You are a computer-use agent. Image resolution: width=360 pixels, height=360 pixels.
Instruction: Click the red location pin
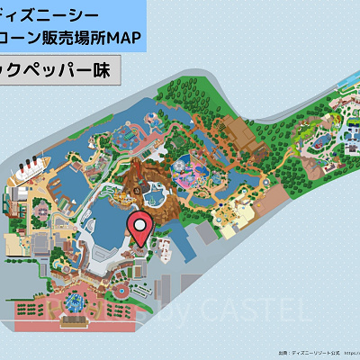(x=139, y=229)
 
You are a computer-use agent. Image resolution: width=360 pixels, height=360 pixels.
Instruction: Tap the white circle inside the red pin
(x=139, y=225)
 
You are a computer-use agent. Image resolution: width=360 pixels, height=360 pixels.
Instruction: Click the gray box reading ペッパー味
(x=58, y=72)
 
